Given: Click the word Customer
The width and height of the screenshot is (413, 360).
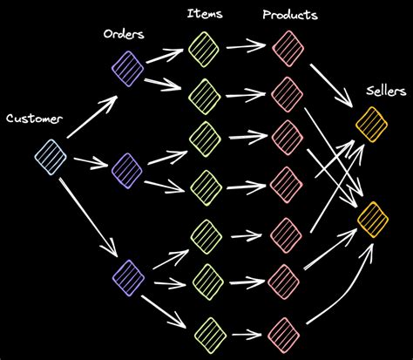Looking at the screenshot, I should tap(34, 118).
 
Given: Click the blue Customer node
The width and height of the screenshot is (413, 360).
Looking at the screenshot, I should tap(51, 157).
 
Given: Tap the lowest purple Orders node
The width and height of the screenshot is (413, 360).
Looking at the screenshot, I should tap(127, 275).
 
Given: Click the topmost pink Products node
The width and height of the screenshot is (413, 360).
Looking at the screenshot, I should tap(286, 45).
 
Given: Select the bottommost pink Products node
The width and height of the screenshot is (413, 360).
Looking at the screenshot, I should tap(286, 334).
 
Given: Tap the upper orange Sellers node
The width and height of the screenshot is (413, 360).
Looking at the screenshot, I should tap(372, 123).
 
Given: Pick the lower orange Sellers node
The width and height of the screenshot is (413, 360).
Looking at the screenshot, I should tap(373, 217).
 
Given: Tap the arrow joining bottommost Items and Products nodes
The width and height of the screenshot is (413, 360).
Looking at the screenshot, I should tap(246, 334).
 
